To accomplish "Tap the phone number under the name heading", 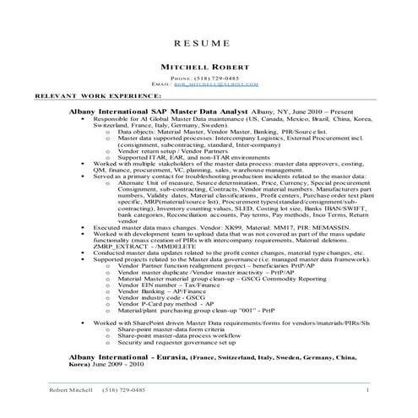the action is pos(208,78).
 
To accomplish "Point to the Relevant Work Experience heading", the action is pos(63,96).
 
